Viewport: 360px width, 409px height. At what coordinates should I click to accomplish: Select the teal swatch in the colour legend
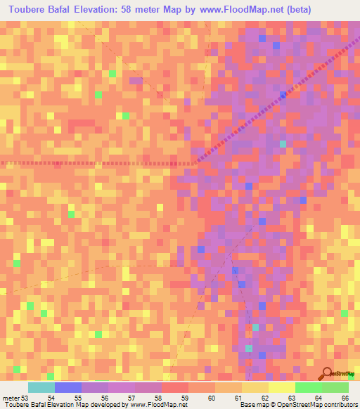point(41,387)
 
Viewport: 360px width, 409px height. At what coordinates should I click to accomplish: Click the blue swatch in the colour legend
point(67,387)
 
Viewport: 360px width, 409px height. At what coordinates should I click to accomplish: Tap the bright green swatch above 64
point(308,387)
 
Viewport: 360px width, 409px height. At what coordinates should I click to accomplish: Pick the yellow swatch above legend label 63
point(281,387)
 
